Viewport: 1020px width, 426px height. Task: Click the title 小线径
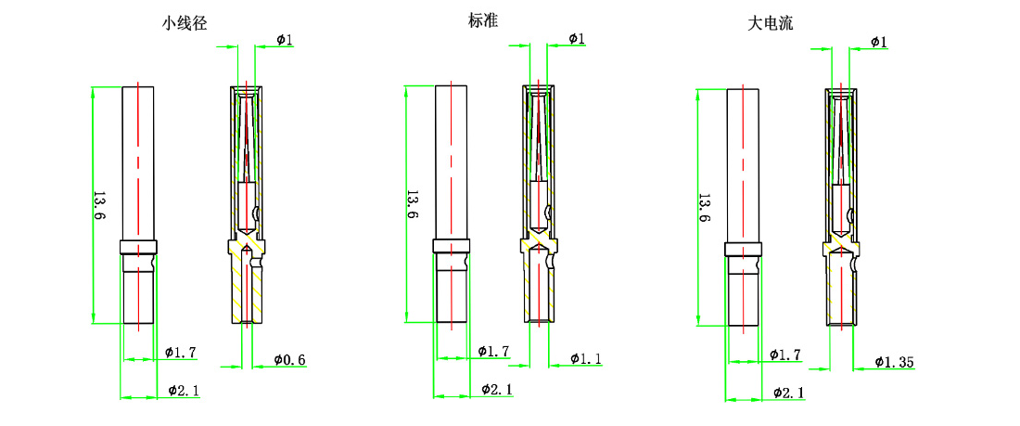(x=185, y=25)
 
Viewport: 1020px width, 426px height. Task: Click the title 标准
(x=483, y=20)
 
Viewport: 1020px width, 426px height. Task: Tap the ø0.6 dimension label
(x=289, y=359)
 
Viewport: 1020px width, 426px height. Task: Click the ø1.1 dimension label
(x=586, y=358)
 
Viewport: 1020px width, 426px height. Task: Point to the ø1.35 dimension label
(x=896, y=361)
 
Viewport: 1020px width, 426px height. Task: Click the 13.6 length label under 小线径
(x=99, y=206)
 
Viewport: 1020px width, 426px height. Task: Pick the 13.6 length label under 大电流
(x=704, y=208)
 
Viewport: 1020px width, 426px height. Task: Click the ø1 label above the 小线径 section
(x=285, y=39)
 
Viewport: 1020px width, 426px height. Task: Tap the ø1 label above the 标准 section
(x=576, y=38)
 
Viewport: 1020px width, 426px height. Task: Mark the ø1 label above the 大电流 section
(x=878, y=42)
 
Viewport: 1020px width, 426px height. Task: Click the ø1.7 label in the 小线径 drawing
(x=180, y=353)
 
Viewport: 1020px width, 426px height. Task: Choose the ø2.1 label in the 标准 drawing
(x=497, y=390)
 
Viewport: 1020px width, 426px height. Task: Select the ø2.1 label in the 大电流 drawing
(x=788, y=394)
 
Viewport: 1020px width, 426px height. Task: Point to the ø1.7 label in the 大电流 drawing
(x=785, y=355)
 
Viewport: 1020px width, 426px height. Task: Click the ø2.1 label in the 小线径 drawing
(x=184, y=391)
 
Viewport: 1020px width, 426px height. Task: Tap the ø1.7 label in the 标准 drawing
(x=493, y=352)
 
